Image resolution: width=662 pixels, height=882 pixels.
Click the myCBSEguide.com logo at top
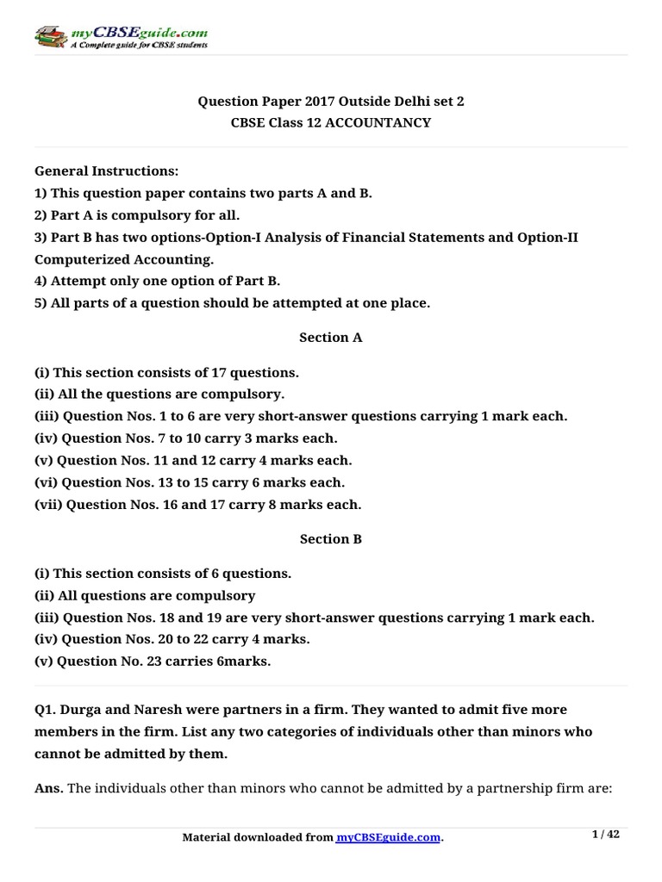[x=121, y=37]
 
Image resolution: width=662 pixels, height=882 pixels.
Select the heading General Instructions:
[x=106, y=171]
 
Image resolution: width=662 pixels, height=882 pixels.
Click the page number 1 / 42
[x=607, y=835]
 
